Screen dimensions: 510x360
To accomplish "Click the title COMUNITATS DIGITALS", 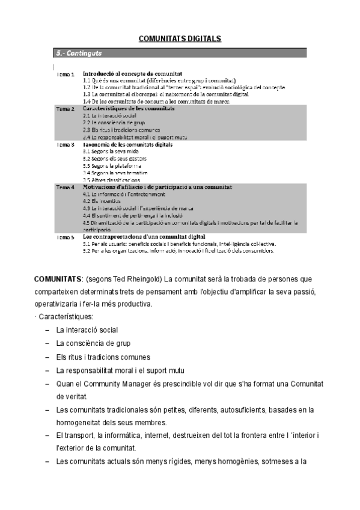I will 180,39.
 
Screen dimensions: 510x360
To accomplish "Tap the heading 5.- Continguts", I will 76,54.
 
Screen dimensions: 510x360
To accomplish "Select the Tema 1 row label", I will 66,75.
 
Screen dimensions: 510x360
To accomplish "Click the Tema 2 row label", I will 66,109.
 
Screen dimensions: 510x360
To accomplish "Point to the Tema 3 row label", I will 66,145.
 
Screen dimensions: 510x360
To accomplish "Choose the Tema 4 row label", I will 66,188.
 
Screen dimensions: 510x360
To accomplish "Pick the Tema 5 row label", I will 66,238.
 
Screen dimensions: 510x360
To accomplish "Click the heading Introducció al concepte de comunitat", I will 134,73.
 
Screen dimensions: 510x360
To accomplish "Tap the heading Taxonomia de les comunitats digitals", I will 128,144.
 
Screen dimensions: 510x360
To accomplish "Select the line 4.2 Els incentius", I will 99,201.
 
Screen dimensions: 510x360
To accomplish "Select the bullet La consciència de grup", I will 93,343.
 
